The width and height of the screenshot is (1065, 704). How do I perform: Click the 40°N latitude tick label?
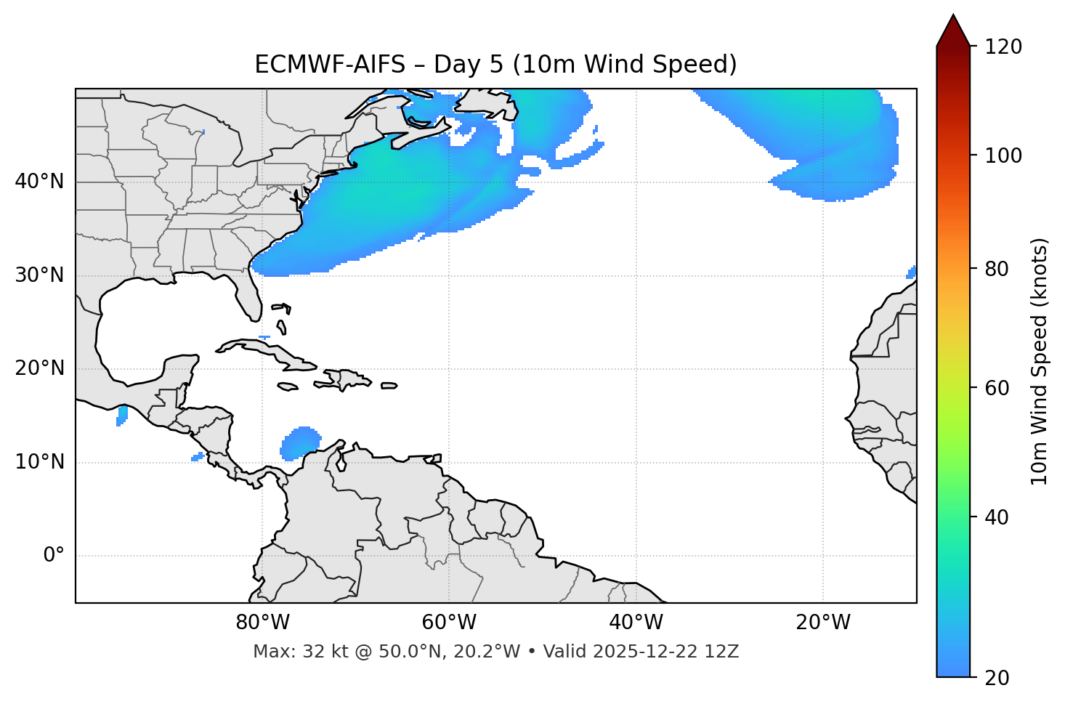[39, 182]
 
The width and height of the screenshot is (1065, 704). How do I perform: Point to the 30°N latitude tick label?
[39, 275]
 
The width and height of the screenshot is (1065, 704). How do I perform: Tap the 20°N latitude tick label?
[39, 368]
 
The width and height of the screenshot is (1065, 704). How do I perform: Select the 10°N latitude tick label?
[39, 462]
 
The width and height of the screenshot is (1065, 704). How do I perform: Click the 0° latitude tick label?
[53, 556]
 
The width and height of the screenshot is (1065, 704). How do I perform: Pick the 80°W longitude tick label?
[262, 623]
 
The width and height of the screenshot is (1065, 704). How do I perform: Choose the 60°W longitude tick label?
[449, 623]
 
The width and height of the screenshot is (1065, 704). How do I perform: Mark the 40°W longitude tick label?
[636, 623]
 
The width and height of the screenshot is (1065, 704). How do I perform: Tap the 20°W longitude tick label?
[823, 623]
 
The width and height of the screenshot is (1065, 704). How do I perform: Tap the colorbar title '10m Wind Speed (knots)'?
[1040, 362]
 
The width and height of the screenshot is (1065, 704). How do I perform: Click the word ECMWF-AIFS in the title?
[329, 65]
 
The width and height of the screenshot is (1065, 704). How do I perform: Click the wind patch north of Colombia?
[300, 442]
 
